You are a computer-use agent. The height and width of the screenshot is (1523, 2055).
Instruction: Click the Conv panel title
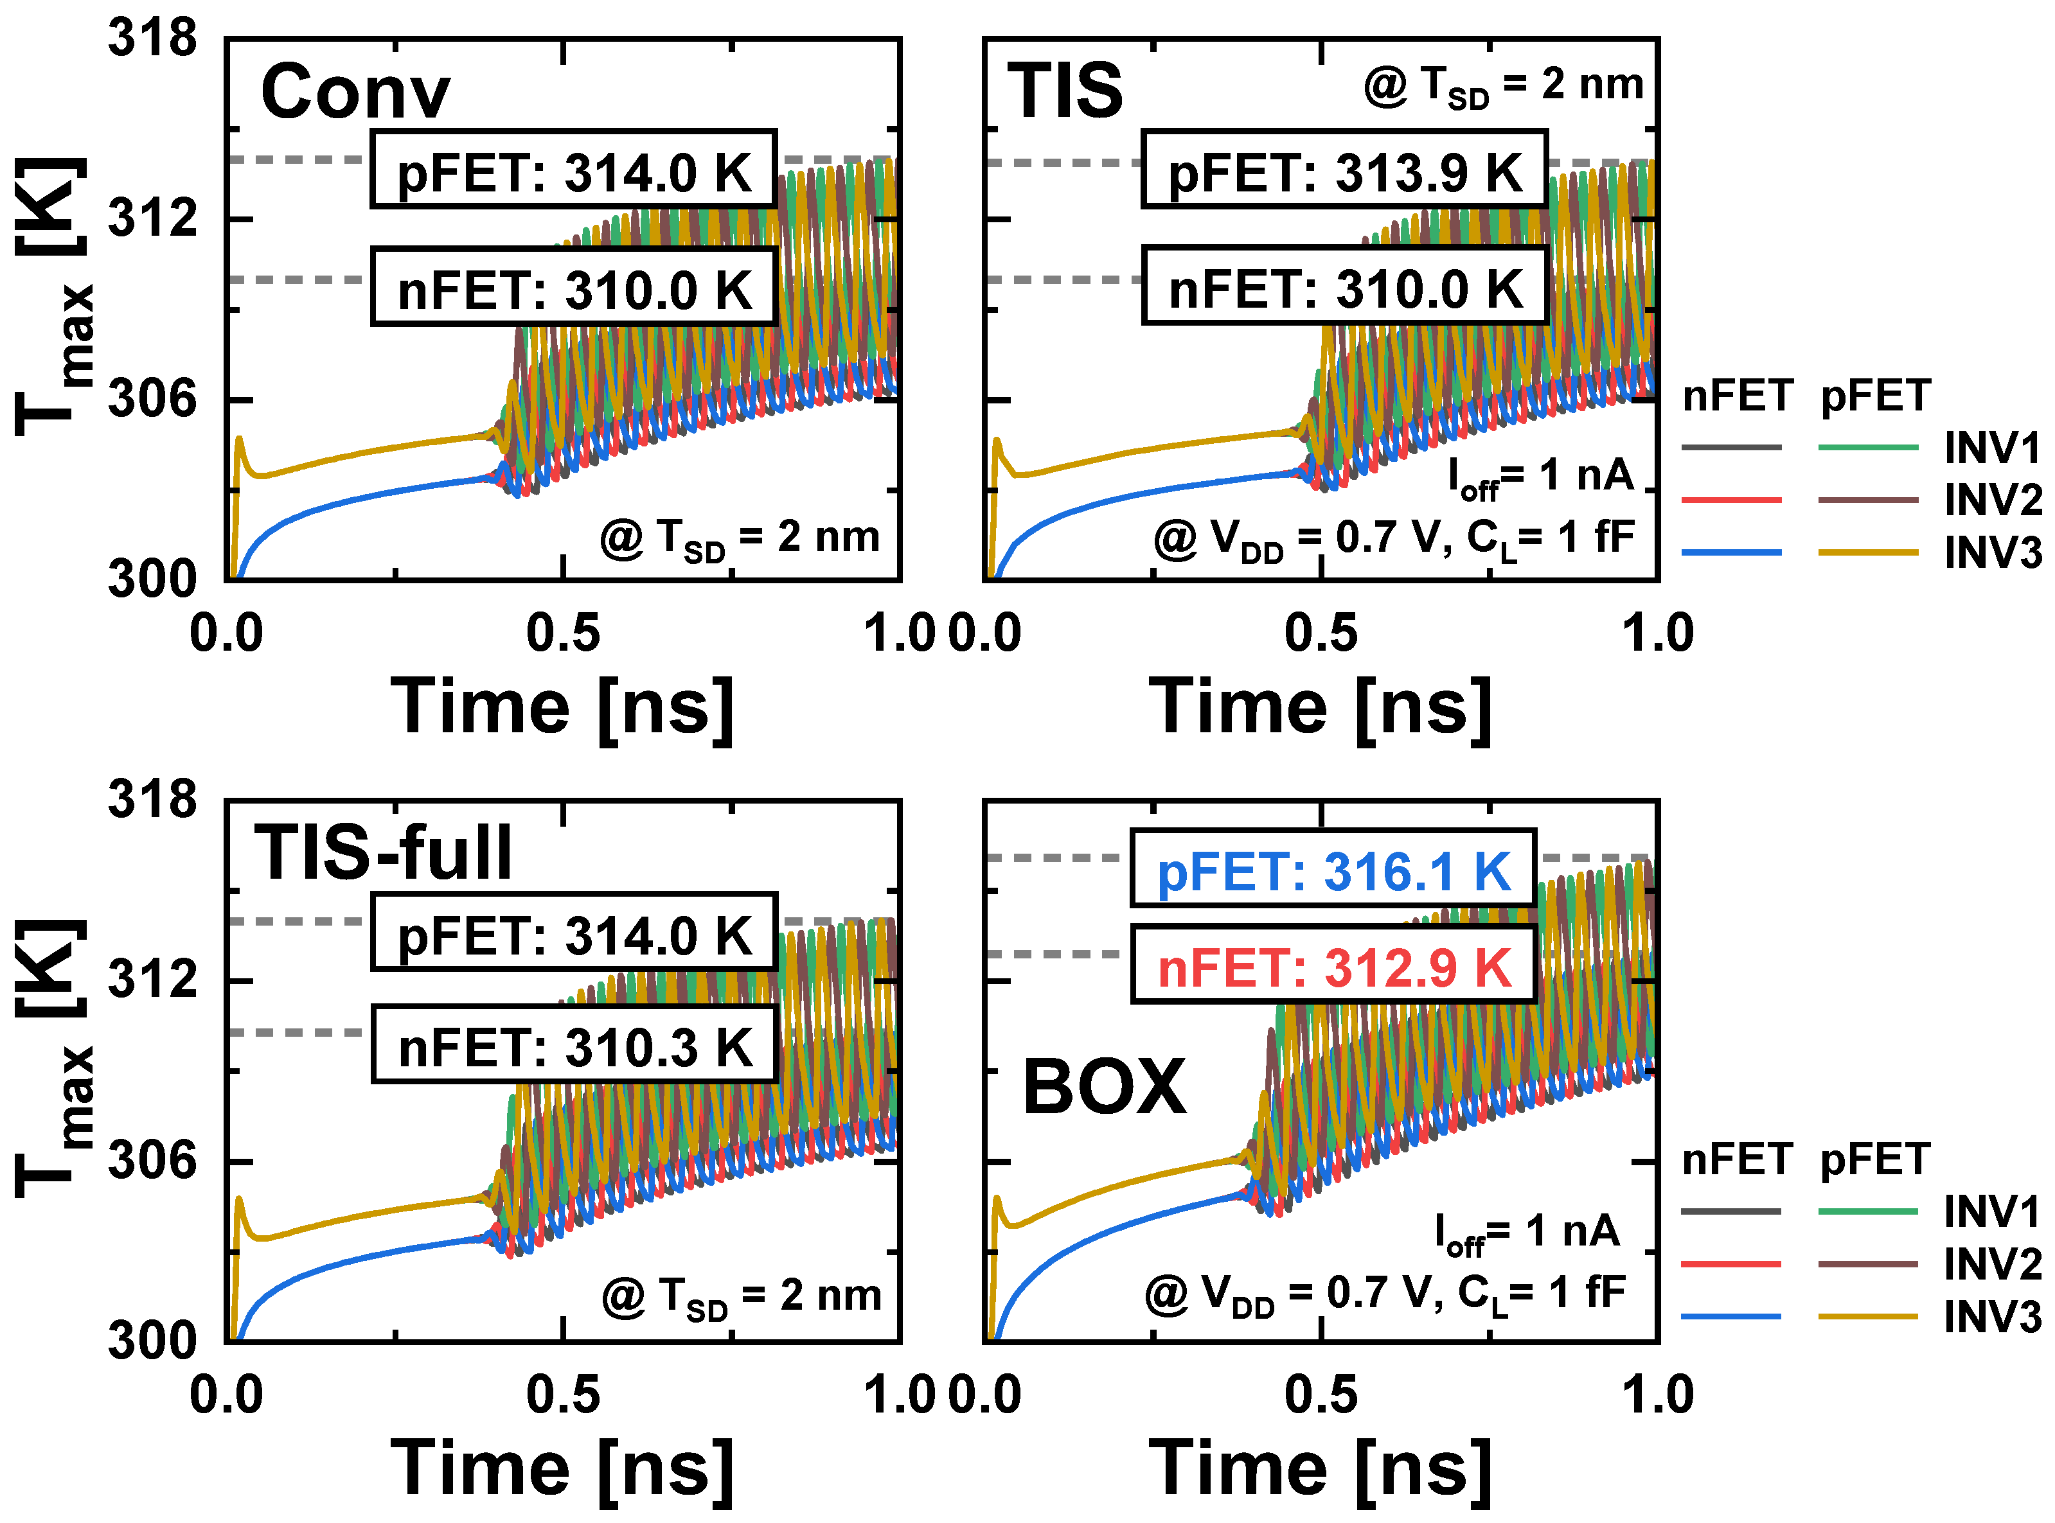(x=355, y=92)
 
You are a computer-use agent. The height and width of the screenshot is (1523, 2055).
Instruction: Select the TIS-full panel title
(x=383, y=853)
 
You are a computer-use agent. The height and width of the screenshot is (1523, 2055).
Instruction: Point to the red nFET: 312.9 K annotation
(x=1333, y=968)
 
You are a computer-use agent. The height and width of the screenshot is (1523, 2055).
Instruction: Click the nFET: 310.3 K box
(x=574, y=1047)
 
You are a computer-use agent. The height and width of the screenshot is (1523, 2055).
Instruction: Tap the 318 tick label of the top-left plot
(x=152, y=39)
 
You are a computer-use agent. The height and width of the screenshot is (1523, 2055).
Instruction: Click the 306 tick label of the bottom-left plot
(x=152, y=1160)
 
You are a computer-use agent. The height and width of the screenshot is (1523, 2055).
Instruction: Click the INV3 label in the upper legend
(x=1992, y=552)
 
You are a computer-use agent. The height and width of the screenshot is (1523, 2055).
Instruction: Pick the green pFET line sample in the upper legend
(x=1869, y=448)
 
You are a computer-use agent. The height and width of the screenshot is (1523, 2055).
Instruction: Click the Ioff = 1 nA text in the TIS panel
(x=1540, y=477)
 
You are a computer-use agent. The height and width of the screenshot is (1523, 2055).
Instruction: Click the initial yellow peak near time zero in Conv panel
(x=239, y=440)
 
